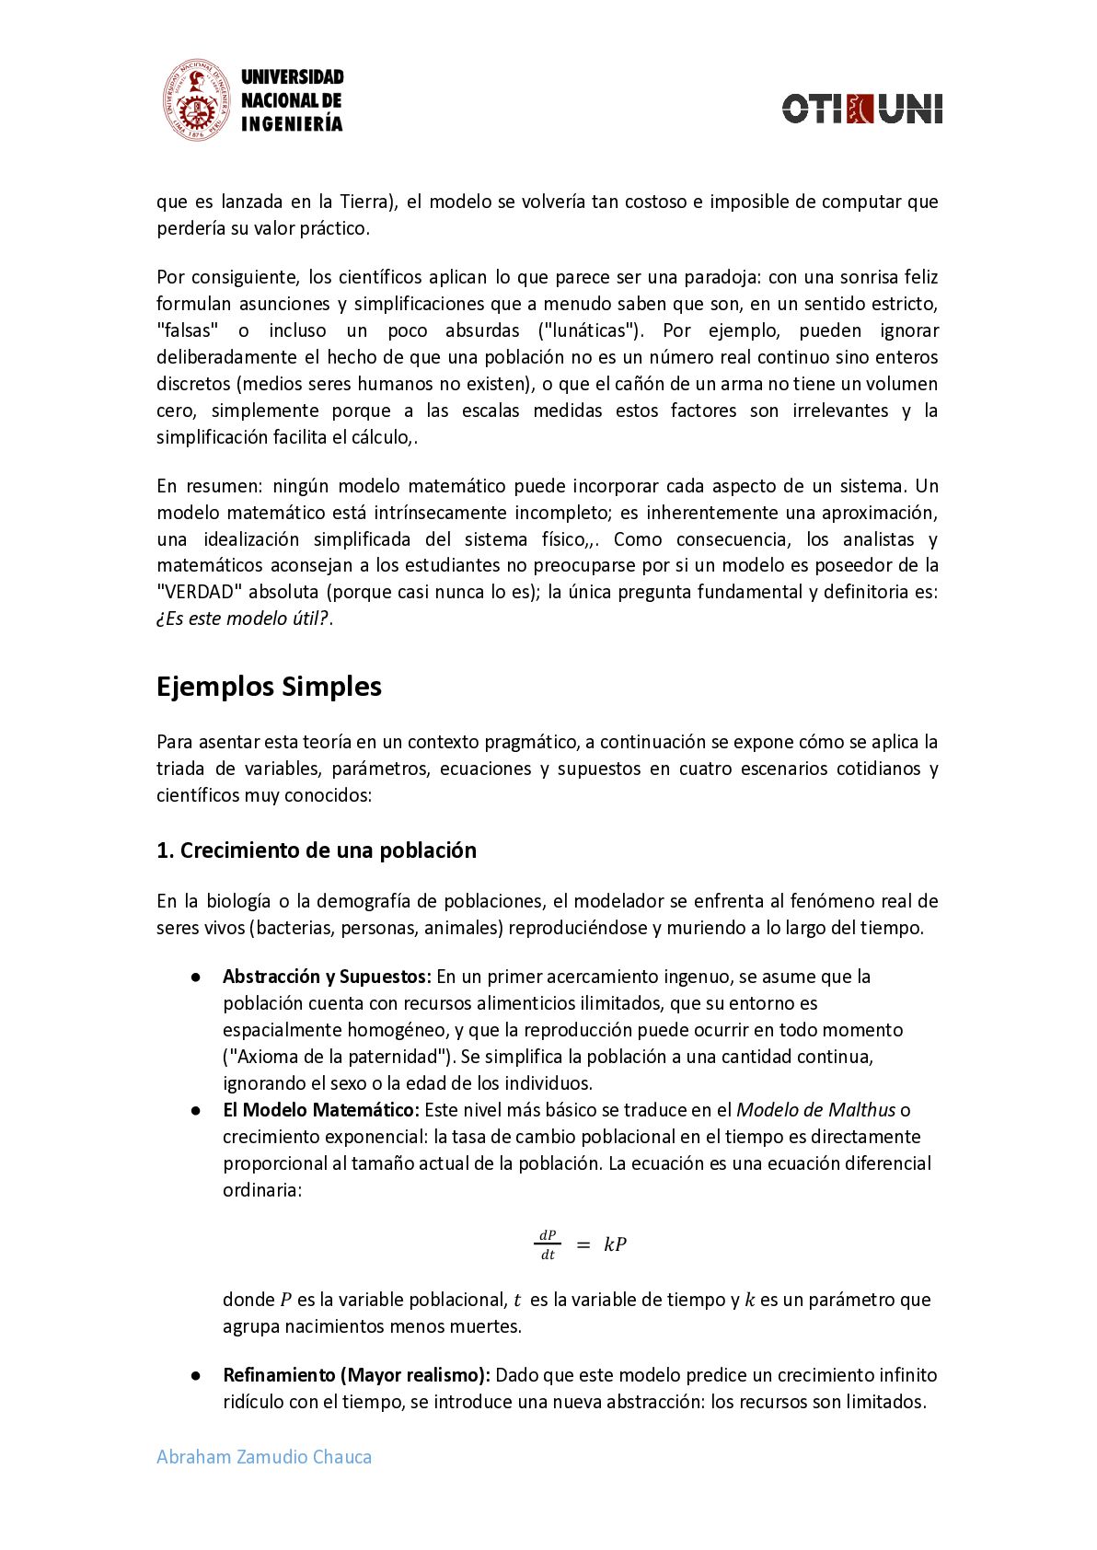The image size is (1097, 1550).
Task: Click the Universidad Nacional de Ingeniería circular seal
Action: (196, 101)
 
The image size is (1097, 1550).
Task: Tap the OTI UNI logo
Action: (861, 109)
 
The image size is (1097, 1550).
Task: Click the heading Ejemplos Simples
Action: (269, 687)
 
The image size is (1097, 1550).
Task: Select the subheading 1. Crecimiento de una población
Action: (317, 850)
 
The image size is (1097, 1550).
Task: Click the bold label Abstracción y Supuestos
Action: (327, 977)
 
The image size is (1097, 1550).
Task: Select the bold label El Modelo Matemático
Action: (321, 1110)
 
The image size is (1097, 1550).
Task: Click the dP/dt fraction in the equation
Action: (548, 1244)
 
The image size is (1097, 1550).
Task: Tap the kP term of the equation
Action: (615, 1244)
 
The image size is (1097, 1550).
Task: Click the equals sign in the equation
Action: (583, 1244)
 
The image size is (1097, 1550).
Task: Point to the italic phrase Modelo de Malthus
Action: (816, 1110)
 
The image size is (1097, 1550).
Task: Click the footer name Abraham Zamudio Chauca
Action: (264, 1457)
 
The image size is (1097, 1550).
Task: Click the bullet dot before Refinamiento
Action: (196, 1375)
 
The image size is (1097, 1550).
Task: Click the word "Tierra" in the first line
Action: (364, 202)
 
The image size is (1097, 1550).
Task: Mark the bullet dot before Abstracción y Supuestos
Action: (196, 977)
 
